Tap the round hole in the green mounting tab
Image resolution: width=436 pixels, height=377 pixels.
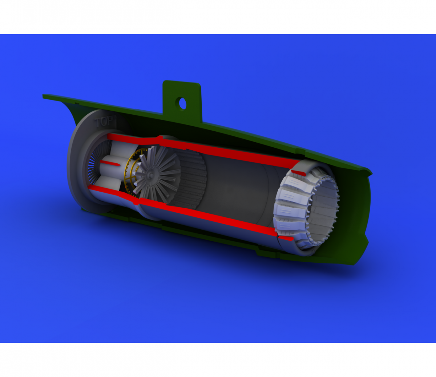tap(183, 103)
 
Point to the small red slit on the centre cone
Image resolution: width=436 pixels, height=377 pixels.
tap(110, 163)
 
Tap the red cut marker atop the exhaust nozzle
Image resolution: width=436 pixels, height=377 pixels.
tap(299, 173)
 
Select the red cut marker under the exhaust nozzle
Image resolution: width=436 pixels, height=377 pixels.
tap(286, 238)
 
